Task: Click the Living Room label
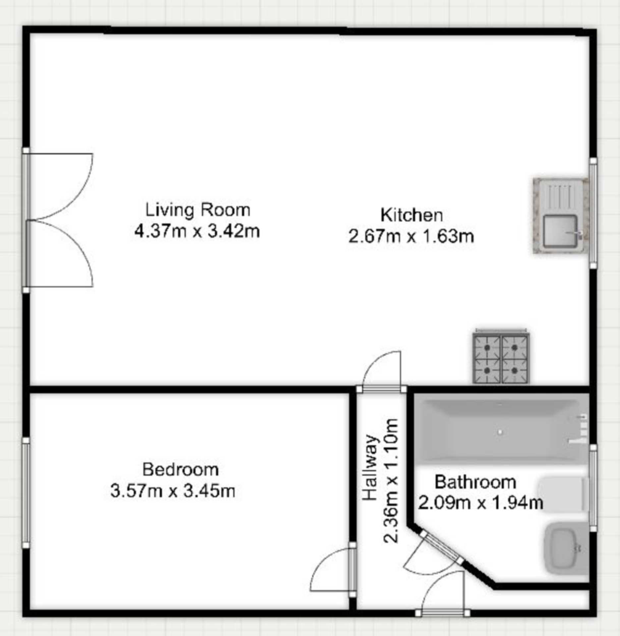[198, 210]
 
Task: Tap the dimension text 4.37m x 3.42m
[197, 231]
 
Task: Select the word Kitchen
[411, 215]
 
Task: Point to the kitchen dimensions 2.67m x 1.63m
[411, 237]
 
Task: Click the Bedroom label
[180, 470]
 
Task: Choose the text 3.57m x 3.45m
[173, 491]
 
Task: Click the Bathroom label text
[475, 482]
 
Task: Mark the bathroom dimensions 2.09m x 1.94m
[480, 503]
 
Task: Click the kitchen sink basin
[560, 231]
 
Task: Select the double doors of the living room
[60, 220]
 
